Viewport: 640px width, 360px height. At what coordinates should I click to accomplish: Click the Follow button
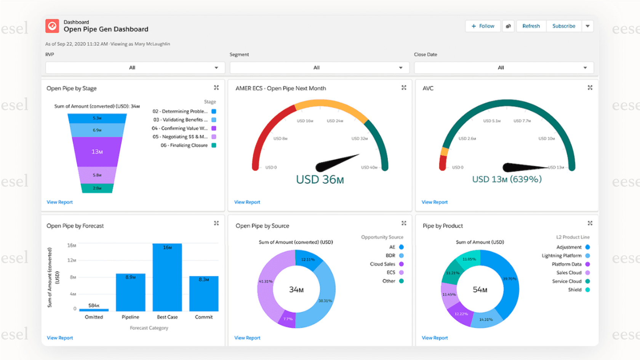tap(483, 26)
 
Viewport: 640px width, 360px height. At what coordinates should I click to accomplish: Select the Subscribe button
tap(563, 26)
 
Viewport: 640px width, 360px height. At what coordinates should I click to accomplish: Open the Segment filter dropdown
tap(319, 67)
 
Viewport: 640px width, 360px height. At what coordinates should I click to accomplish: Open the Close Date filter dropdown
tap(504, 67)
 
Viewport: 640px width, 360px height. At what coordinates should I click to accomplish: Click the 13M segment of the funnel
tap(97, 152)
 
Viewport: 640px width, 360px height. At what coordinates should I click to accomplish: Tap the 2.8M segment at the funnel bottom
tap(97, 188)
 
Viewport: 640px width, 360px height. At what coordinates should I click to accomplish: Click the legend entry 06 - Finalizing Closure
tap(184, 145)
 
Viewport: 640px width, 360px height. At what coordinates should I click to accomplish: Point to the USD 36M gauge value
tap(320, 179)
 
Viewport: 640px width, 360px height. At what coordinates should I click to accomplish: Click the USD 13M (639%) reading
tap(507, 179)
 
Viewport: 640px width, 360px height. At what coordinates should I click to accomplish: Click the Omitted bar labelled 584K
tap(94, 310)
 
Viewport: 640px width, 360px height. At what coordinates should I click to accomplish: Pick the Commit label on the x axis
tap(204, 317)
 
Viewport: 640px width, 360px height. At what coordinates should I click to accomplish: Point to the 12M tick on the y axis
tap(72, 260)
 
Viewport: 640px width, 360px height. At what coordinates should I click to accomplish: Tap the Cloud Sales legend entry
tap(383, 264)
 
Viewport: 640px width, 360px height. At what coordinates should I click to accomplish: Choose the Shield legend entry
tap(575, 290)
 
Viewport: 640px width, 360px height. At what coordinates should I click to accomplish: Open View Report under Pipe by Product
tap(435, 338)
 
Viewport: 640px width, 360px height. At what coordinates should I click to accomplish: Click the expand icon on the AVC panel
tap(590, 88)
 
